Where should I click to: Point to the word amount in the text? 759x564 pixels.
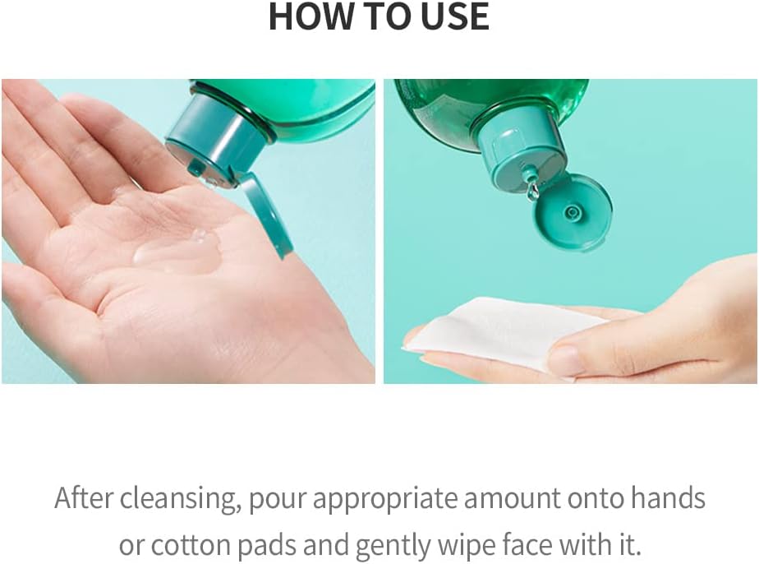pos(512,499)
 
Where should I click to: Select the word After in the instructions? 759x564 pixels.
pos(84,498)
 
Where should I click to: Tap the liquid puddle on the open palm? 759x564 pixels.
pos(179,251)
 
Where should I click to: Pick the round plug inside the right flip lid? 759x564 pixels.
pos(572,212)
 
